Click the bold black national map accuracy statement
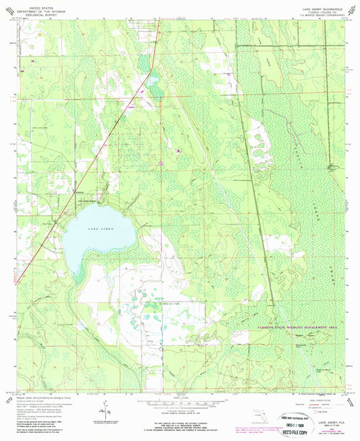coord(179,423)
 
